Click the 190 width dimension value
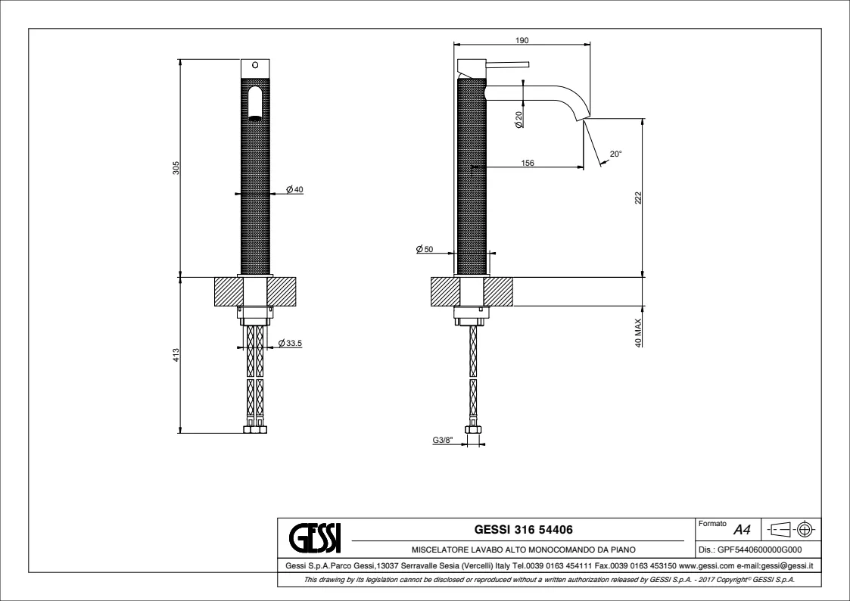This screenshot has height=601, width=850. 522,40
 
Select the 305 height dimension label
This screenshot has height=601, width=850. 176,167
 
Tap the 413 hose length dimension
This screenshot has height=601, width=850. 176,355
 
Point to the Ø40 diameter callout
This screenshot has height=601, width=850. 295,190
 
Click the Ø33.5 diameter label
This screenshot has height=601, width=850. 290,343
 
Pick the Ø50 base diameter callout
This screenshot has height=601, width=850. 425,249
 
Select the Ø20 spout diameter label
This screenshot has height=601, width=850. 518,120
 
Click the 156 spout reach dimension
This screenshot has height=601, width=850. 528,163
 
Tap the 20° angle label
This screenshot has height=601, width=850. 616,154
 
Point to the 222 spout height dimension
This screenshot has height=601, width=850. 638,198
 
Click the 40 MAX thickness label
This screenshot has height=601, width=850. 638,333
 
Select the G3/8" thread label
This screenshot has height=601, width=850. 443,440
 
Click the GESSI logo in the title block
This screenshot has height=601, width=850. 315,537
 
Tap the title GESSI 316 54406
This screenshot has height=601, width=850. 524,529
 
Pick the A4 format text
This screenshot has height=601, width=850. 742,529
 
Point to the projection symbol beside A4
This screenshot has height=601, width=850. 792,529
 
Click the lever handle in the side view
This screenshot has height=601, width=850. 507,64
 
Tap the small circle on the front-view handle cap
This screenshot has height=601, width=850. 255,65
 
